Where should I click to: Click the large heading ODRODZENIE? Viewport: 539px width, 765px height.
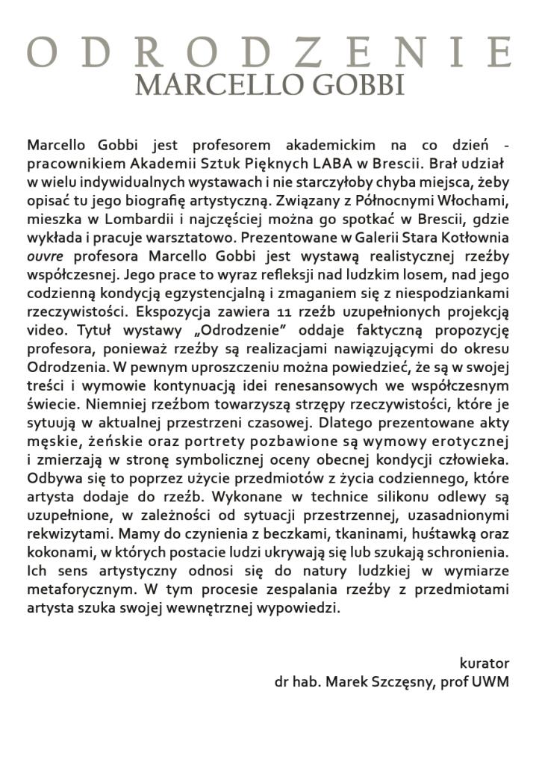click(x=269, y=52)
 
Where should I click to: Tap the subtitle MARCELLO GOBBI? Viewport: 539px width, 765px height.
click(x=269, y=84)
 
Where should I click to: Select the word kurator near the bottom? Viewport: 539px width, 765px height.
click(x=485, y=663)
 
